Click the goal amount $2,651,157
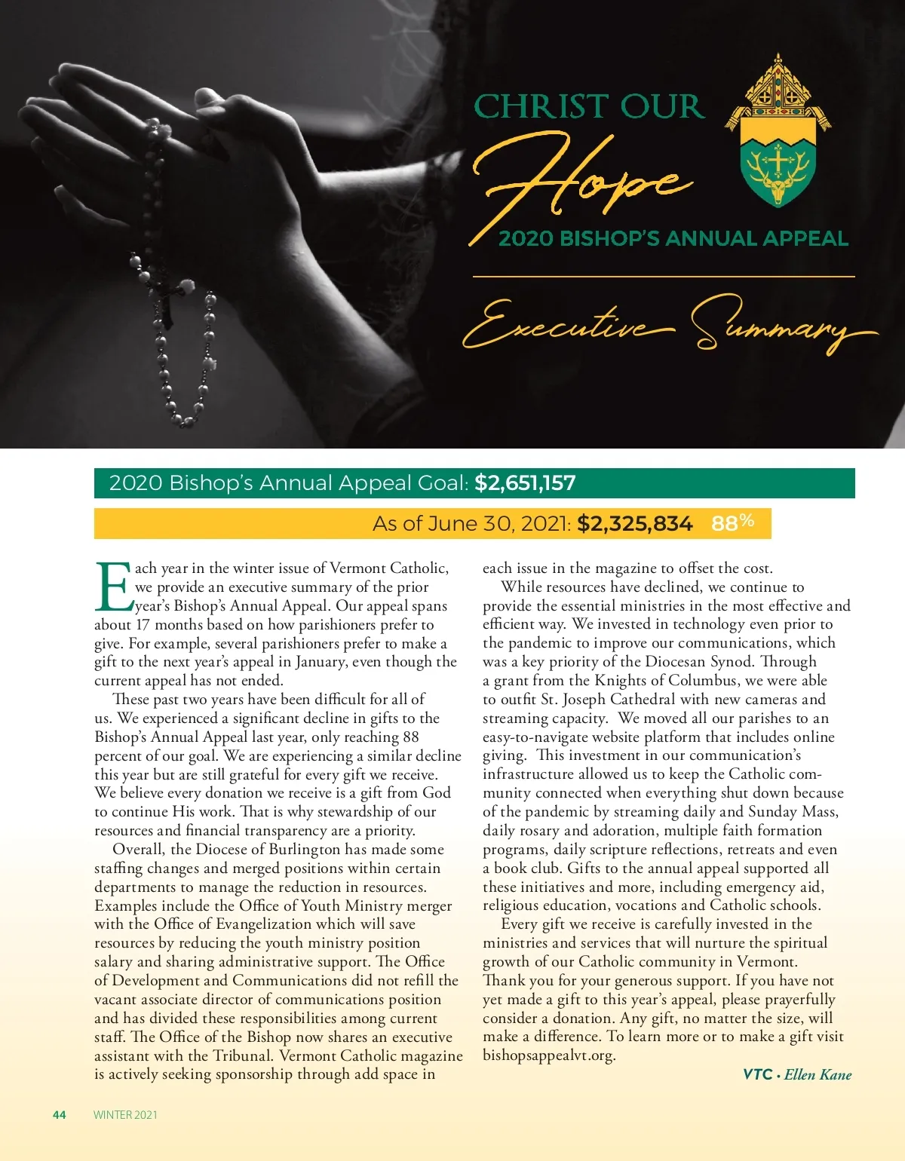(525, 483)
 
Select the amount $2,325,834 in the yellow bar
(634, 524)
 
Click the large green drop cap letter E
(114, 587)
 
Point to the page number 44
(60, 1115)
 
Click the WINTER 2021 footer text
(125, 1115)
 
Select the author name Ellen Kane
(818, 1074)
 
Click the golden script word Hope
(581, 181)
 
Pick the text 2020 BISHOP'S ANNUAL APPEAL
(673, 239)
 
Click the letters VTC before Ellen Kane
(758, 1074)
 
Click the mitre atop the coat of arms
(778, 87)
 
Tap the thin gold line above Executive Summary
(664, 277)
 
